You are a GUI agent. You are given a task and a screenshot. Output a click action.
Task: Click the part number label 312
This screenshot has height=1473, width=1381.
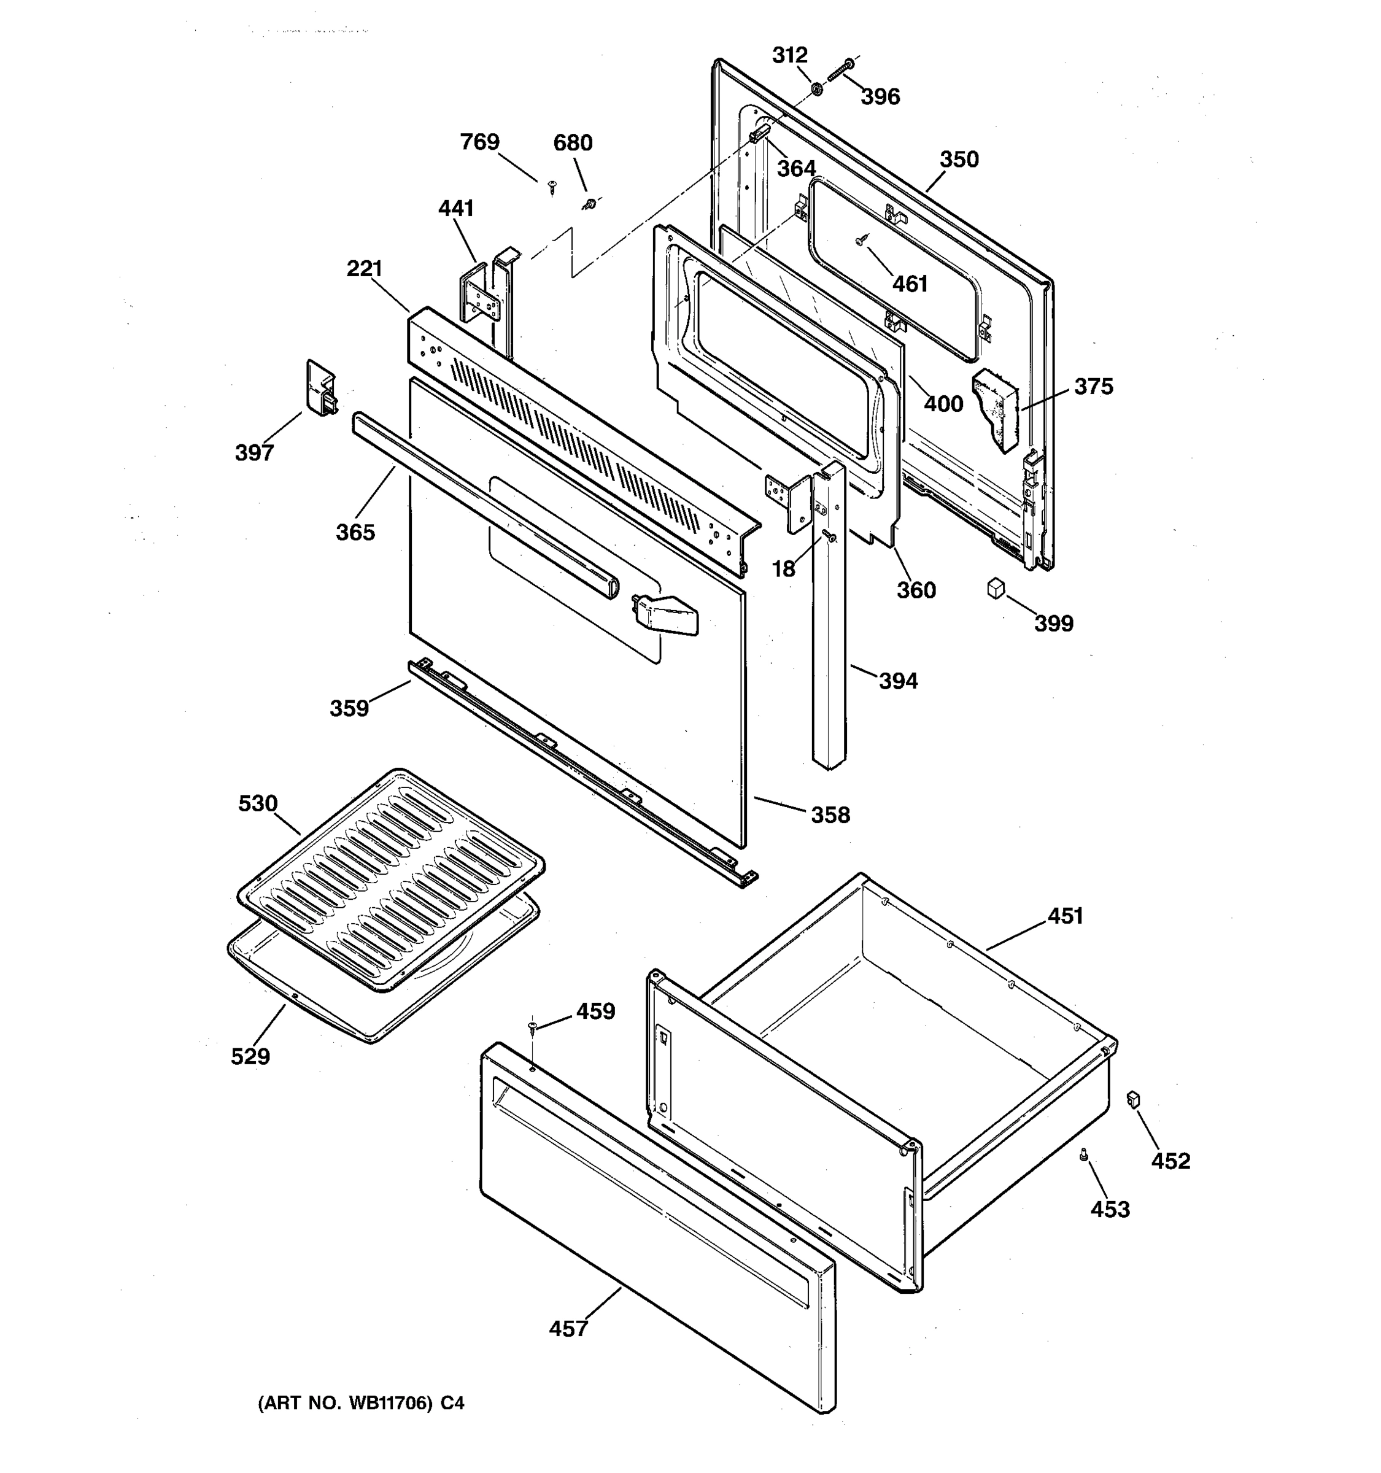click(x=790, y=55)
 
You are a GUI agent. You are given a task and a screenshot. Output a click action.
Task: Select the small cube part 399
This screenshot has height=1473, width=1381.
click(x=996, y=589)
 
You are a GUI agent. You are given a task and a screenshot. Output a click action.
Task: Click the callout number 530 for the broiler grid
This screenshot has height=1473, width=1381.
click(x=258, y=803)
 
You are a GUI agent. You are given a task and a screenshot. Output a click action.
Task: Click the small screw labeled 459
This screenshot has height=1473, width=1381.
click(x=533, y=1026)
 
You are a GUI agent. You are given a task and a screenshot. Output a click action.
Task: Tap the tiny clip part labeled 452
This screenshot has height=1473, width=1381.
click(x=1132, y=1099)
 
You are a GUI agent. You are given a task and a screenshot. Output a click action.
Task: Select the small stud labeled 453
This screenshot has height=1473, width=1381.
click(x=1083, y=1154)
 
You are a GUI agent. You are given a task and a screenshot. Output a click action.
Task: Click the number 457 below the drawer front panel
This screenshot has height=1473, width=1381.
click(x=568, y=1329)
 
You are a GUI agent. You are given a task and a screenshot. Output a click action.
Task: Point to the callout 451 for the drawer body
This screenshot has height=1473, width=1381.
click(x=1066, y=916)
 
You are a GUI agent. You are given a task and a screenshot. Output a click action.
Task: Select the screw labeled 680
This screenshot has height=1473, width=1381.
click(x=590, y=203)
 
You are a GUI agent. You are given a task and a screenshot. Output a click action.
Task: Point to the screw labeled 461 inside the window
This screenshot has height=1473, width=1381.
click(x=861, y=240)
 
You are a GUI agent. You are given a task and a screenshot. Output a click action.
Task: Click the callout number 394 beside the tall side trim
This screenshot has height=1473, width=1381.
click(x=898, y=681)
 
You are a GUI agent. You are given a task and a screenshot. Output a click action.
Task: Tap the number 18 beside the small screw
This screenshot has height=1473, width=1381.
click(x=784, y=568)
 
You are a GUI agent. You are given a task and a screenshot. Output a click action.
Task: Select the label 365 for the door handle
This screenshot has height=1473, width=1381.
click(x=355, y=532)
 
